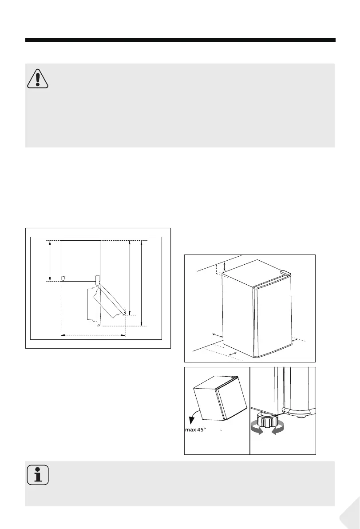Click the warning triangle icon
click(38, 79)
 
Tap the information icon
click(38, 475)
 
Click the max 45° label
click(195, 430)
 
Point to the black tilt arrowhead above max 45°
click(192, 420)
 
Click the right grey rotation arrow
click(277, 429)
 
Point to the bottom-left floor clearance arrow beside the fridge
click(233, 353)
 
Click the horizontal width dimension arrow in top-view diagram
click(93, 335)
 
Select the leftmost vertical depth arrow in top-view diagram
click(50, 260)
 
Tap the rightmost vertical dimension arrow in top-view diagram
click(142, 283)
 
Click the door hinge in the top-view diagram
click(98, 279)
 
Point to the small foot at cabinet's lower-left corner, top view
click(63, 278)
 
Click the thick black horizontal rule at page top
click(180, 40)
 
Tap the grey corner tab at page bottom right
click(351, 514)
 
